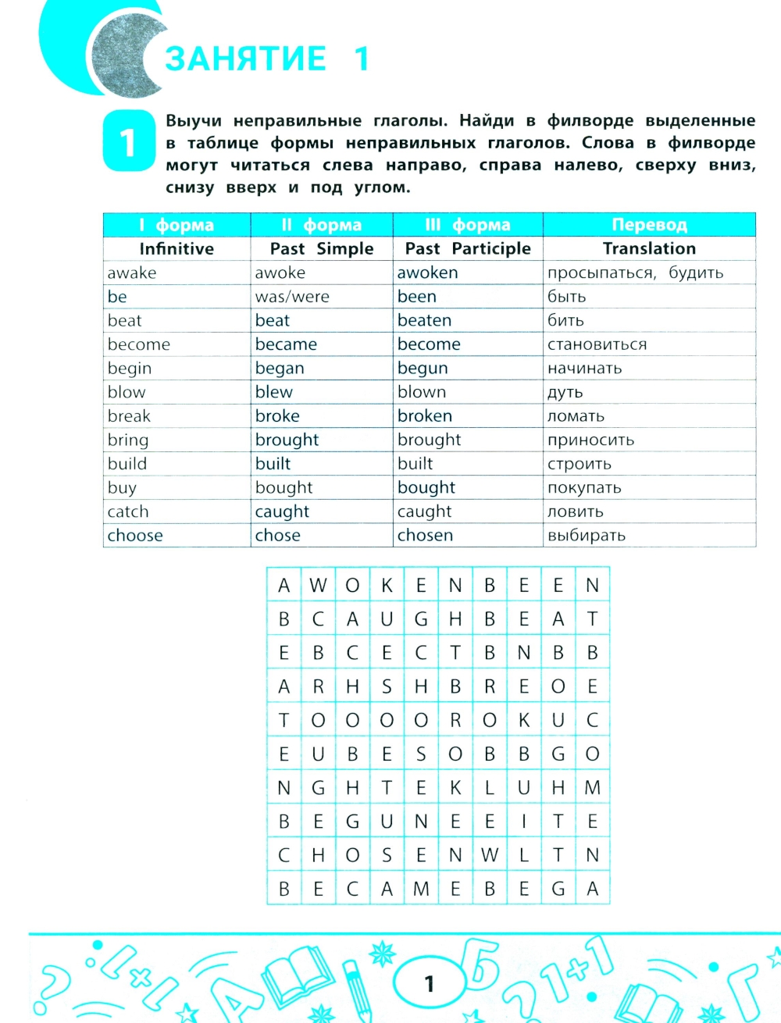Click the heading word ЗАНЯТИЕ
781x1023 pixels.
click(x=245, y=59)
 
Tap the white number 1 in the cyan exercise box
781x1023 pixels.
click(x=128, y=142)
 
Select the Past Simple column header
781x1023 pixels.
click(x=321, y=248)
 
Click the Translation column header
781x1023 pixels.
click(x=649, y=248)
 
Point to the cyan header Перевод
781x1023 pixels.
click(x=649, y=225)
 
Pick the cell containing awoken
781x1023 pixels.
click(x=427, y=273)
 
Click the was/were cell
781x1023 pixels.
click(x=292, y=297)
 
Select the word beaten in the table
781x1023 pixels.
click(x=424, y=320)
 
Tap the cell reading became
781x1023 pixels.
click(x=286, y=344)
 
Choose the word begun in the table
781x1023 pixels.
click(x=423, y=368)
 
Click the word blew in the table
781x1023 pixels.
click(x=273, y=392)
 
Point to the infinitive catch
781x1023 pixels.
click(x=128, y=511)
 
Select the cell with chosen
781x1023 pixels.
click(x=425, y=535)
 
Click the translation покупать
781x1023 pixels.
click(x=584, y=487)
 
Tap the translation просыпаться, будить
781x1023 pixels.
click(x=635, y=273)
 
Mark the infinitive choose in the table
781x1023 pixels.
click(x=135, y=535)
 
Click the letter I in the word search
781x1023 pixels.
click(x=524, y=821)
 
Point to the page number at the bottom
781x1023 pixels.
click(x=428, y=983)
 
